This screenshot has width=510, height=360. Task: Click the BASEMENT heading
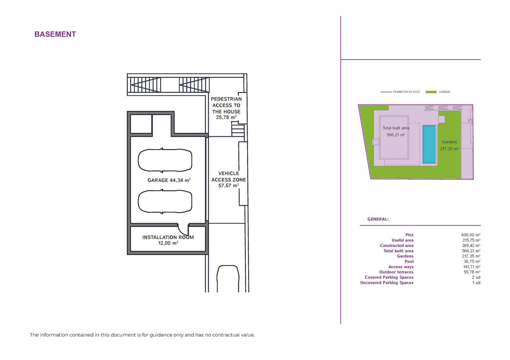point(55,34)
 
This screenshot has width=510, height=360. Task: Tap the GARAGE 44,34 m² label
point(169,180)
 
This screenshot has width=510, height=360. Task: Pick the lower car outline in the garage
point(164,201)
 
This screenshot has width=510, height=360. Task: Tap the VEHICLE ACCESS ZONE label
point(229,179)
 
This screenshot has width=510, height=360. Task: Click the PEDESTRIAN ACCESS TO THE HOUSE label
point(226,108)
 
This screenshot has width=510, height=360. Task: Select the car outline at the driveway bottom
point(228,278)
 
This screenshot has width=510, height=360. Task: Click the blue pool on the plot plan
point(429,144)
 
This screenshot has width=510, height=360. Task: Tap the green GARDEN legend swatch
point(431,92)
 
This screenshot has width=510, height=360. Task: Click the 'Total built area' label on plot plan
point(396,128)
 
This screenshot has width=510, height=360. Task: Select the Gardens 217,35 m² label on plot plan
point(449,145)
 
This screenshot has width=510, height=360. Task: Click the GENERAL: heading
point(377,219)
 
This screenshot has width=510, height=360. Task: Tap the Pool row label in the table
point(409,261)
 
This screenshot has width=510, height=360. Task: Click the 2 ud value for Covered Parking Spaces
point(476,277)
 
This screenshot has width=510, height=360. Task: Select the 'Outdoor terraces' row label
point(396,272)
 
